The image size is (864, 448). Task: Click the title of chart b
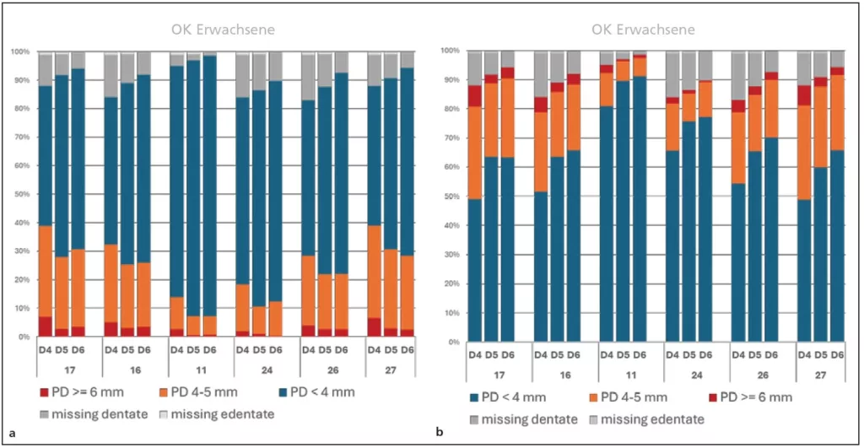pos(643,30)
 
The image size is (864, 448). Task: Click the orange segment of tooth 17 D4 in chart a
pos(46,270)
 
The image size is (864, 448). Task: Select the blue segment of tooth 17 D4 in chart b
pos(475,270)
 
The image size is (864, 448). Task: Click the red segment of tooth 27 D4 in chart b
pos(805,95)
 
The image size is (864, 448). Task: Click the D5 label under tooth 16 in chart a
pos(127,349)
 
